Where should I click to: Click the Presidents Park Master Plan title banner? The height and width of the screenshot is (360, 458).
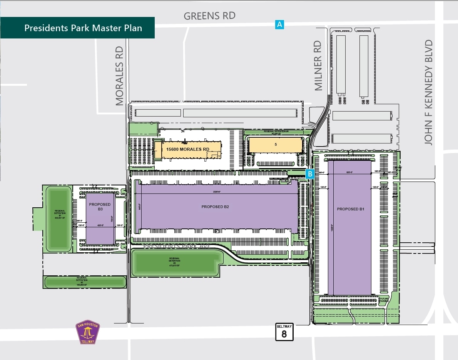(x=83, y=28)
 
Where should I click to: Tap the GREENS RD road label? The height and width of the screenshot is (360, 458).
(x=209, y=16)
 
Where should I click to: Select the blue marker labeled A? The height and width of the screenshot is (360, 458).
(x=279, y=25)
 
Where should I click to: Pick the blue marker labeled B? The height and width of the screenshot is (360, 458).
(x=310, y=174)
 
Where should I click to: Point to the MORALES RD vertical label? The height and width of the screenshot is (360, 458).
(x=119, y=76)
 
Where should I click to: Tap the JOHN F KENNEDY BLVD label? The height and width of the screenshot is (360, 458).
(x=429, y=92)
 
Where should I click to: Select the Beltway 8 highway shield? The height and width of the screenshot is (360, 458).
(x=284, y=332)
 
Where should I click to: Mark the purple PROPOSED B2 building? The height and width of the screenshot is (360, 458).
(x=216, y=207)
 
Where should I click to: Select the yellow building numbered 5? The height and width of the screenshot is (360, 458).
(x=275, y=145)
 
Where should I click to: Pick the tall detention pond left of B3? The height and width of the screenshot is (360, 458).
(x=59, y=218)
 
